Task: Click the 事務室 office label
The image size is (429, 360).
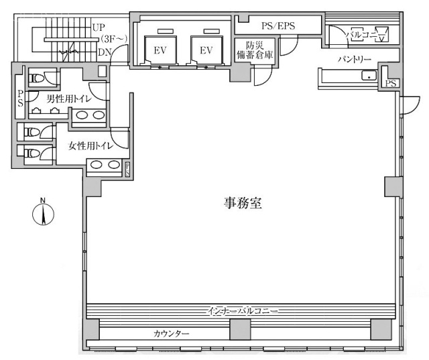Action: pyautogui.click(x=242, y=203)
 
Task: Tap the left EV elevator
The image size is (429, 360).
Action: pyautogui.click(x=160, y=51)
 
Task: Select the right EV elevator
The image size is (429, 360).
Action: pyautogui.click(x=205, y=51)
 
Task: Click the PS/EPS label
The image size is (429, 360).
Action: pyautogui.click(x=278, y=26)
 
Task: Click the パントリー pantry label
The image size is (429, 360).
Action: pyautogui.click(x=354, y=60)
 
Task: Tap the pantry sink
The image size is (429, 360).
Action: pyautogui.click(x=367, y=76)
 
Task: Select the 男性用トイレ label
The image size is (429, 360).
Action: pyautogui.click(x=68, y=99)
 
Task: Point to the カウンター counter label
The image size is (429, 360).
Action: pyautogui.click(x=171, y=333)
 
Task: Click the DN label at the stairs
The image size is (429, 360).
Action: pyautogui.click(x=104, y=52)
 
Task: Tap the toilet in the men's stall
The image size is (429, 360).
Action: pyautogui.click(x=38, y=78)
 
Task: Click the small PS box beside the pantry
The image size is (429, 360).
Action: pyautogui.click(x=389, y=83)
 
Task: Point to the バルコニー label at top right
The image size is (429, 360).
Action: pyautogui.click(x=359, y=32)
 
